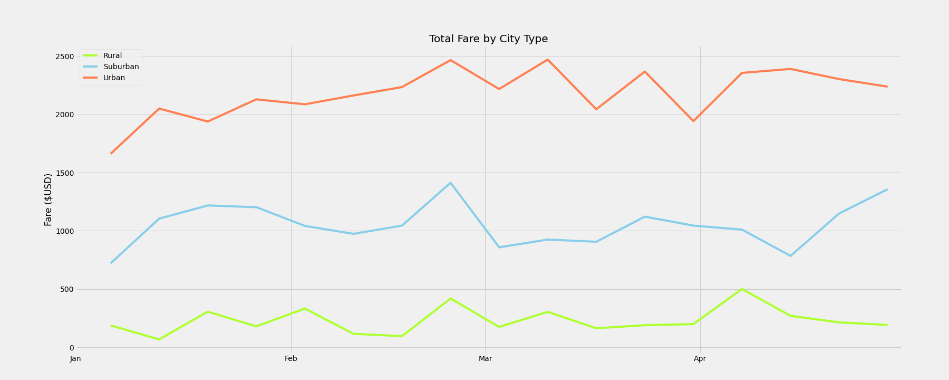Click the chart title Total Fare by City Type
coord(488,39)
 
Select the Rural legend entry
coord(112,55)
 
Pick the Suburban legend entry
coord(121,66)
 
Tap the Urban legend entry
coord(114,78)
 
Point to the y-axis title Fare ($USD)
coord(49,199)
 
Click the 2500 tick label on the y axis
coord(65,56)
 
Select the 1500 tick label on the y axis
coord(65,173)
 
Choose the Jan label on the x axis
coord(75,359)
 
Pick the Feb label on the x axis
coord(290,359)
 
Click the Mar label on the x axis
coord(485,359)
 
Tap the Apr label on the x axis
coord(700,359)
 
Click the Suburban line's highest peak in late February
coord(450,183)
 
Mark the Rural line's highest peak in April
coord(742,289)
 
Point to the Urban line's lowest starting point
coord(111,154)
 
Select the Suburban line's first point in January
coord(111,263)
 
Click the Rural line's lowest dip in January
coord(159,339)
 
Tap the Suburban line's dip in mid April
coord(790,256)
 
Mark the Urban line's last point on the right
coord(887,87)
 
